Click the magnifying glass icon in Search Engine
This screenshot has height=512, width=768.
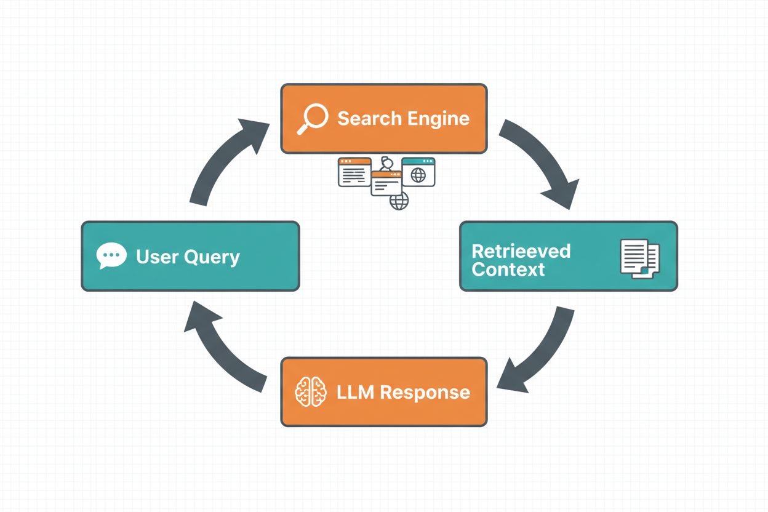(311, 119)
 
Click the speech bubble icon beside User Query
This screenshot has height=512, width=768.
(111, 256)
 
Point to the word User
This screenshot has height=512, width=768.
(157, 256)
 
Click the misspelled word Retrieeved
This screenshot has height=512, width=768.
(521, 251)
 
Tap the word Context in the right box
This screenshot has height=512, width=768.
(508, 270)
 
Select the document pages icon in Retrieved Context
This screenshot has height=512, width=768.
(640, 257)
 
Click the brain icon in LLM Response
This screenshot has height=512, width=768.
(311, 392)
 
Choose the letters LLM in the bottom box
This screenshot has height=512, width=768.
(356, 392)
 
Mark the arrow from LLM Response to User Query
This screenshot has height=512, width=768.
(222, 348)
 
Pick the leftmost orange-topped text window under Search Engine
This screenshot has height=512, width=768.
(354, 172)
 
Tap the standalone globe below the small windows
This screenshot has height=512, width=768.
(399, 201)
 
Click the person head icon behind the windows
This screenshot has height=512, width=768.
(386, 163)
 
